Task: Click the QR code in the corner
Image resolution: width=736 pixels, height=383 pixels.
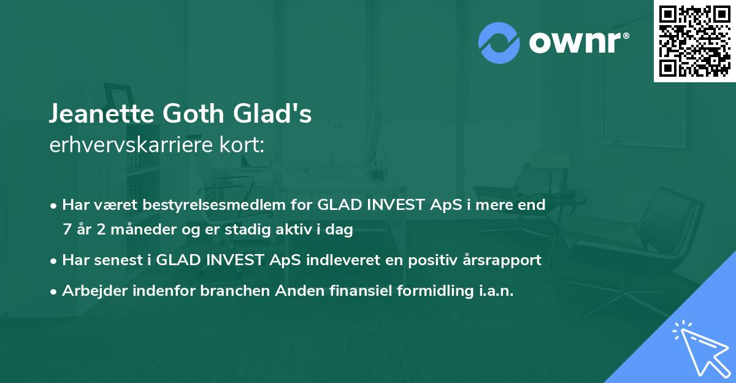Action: click(695, 41)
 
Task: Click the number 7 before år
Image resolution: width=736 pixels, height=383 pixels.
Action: click(66, 230)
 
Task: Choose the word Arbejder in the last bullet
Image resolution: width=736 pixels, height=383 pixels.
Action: click(90, 290)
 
